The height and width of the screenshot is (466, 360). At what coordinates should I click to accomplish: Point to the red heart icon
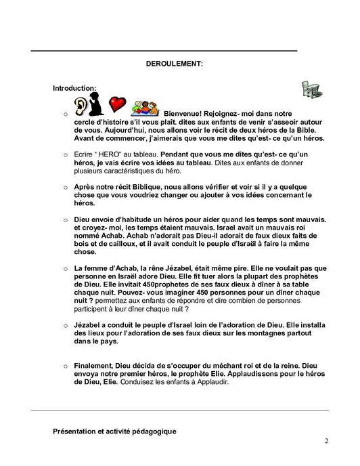(x=118, y=104)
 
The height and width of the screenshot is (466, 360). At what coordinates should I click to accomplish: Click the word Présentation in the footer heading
(x=74, y=431)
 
